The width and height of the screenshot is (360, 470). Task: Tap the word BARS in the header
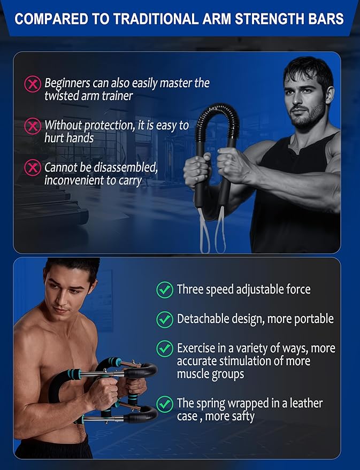(x=327, y=20)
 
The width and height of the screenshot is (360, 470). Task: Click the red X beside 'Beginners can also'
(x=33, y=84)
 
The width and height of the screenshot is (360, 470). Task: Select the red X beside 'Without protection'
(x=33, y=126)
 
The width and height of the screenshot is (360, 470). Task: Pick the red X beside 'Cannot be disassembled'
(x=33, y=168)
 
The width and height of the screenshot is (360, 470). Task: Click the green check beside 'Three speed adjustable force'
(x=164, y=290)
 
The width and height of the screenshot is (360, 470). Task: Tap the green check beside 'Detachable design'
(x=164, y=319)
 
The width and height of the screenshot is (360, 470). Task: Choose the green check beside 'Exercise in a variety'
(x=164, y=349)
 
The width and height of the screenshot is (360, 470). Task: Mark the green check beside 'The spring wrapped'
(x=164, y=403)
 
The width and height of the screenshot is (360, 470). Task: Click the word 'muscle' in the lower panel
(x=195, y=374)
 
